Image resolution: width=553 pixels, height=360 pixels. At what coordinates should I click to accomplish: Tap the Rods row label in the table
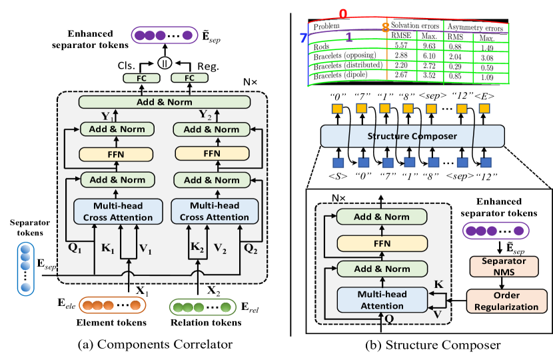(x=322, y=45)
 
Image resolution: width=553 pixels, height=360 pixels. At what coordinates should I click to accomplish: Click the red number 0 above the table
(x=343, y=13)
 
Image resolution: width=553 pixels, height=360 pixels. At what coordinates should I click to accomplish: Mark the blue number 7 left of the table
(x=303, y=39)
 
